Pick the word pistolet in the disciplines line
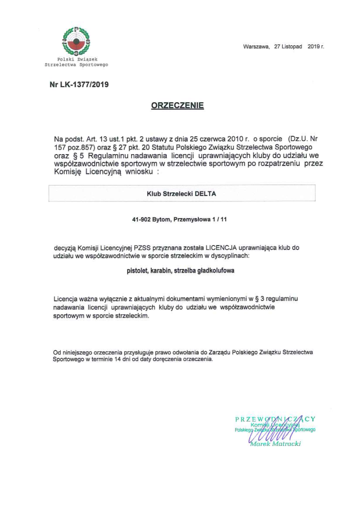pos(138,271)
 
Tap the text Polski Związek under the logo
pos(76,60)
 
